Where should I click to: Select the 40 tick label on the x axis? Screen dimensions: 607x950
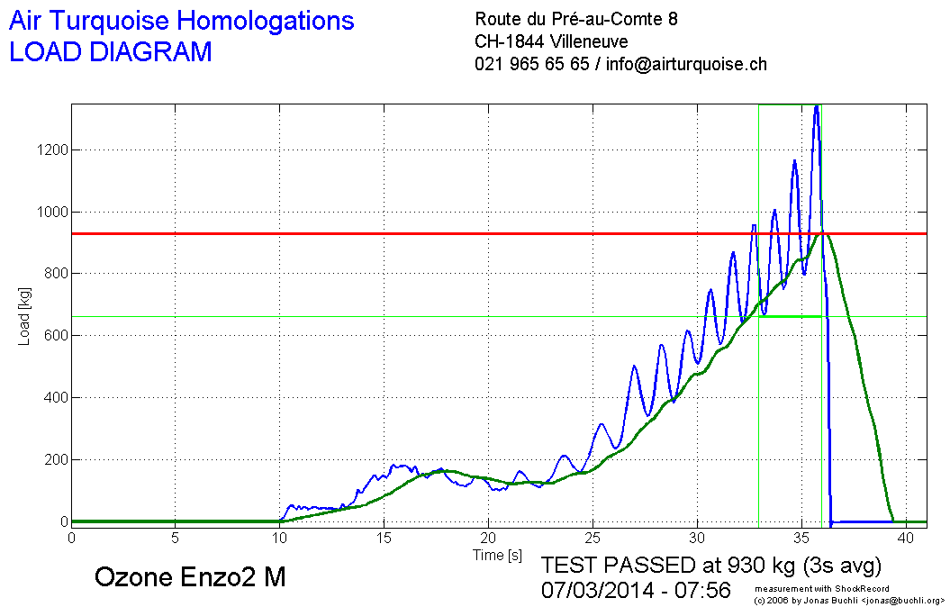tap(904, 537)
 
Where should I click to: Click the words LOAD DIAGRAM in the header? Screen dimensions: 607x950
tap(110, 52)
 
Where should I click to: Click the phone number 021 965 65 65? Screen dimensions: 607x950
tap(531, 64)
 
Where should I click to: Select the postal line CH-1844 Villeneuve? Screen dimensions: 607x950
tap(551, 41)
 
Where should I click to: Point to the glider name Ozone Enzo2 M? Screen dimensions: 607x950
tap(189, 577)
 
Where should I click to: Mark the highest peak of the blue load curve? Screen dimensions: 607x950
tap(816, 107)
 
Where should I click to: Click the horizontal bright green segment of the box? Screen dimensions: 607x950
tap(790, 316)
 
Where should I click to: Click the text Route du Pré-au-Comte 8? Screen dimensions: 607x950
tap(576, 19)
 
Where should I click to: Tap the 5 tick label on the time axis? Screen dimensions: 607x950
tap(176, 537)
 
